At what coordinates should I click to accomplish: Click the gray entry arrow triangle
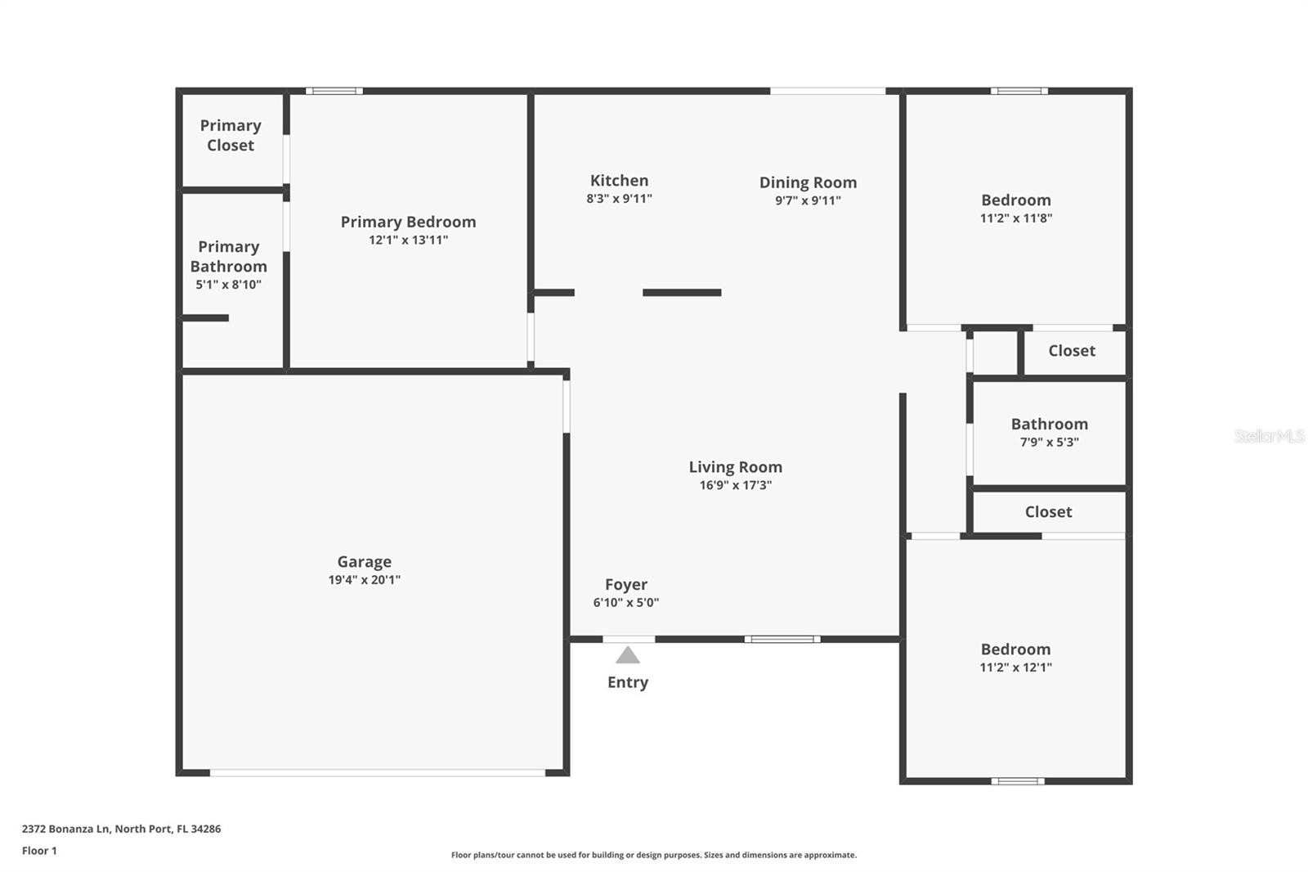pos(628,656)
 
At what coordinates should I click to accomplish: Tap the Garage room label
pos(365,562)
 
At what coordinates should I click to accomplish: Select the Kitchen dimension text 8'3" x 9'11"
pos(619,199)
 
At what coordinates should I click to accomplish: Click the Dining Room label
pos(809,182)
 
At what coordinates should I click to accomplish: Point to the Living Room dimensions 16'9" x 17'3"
pos(736,485)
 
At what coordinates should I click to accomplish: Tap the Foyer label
pos(626,584)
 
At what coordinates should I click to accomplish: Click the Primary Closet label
pos(231,136)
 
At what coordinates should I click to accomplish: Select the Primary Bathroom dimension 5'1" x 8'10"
pos(228,285)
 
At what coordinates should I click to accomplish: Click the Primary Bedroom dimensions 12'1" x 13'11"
pos(408,240)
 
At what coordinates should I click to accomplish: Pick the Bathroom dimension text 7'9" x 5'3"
pos(1050,442)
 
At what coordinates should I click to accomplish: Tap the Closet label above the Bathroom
pos(1072,351)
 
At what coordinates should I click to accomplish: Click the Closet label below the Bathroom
pos(1048,512)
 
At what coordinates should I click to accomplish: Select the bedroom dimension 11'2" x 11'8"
pos(1016,218)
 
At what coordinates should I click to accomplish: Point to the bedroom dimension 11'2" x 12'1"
pos(1016,667)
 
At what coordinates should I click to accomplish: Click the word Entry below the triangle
pos(628,682)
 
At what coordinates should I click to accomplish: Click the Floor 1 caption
pos(39,851)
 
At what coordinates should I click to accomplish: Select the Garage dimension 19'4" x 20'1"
pos(365,580)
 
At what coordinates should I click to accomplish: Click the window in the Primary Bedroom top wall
pos(334,91)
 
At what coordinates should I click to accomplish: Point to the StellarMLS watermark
pos(1269,436)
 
